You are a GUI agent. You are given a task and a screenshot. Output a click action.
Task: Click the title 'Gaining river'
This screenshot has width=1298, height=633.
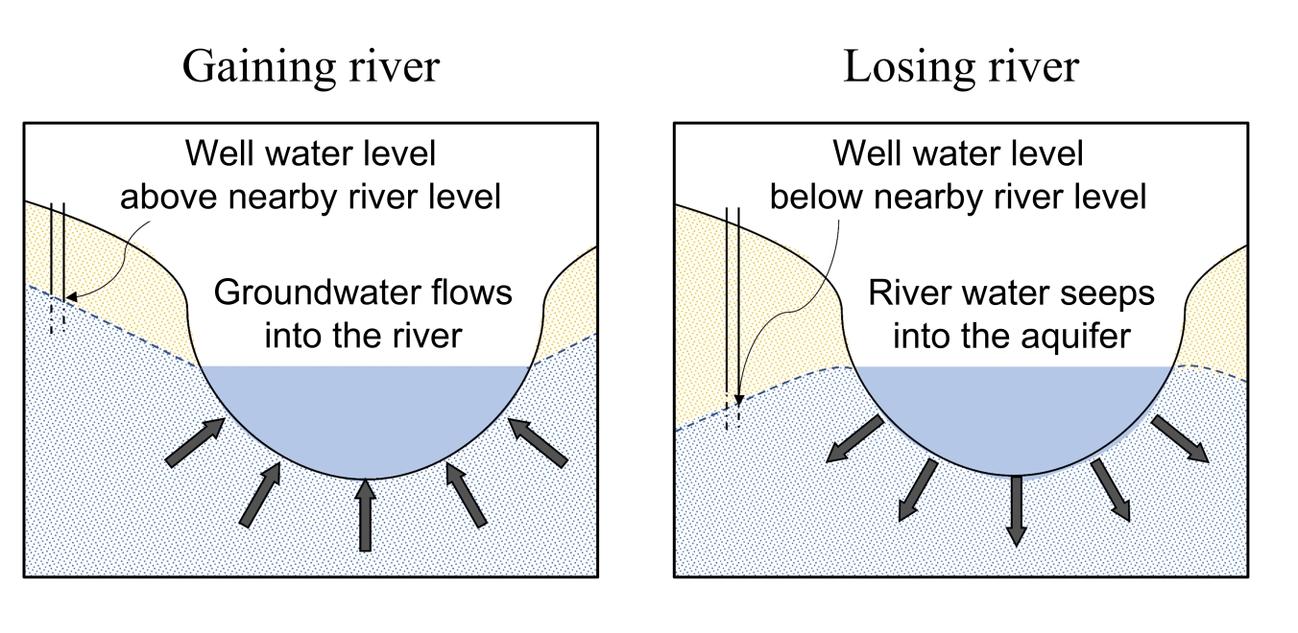[311, 67]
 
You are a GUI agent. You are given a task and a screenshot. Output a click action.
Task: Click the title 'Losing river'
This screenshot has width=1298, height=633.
[960, 67]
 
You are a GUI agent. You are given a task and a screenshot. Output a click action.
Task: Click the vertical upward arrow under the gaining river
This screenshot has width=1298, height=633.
[364, 515]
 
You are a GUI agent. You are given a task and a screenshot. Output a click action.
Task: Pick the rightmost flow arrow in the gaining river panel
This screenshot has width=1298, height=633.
[539, 442]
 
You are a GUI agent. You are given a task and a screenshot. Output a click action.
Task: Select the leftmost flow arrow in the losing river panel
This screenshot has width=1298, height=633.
[855, 439]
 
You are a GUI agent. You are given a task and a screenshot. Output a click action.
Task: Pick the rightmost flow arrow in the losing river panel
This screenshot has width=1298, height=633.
[1180, 439]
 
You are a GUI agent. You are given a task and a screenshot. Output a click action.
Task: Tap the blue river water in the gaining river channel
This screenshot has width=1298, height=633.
[365, 412]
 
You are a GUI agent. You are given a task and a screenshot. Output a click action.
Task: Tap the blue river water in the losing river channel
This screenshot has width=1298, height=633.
[1016, 412]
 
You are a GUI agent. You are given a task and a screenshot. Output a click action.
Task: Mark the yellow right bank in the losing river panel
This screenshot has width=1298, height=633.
[1219, 316]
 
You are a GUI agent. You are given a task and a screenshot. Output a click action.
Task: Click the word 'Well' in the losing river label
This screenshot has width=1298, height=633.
[856, 153]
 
